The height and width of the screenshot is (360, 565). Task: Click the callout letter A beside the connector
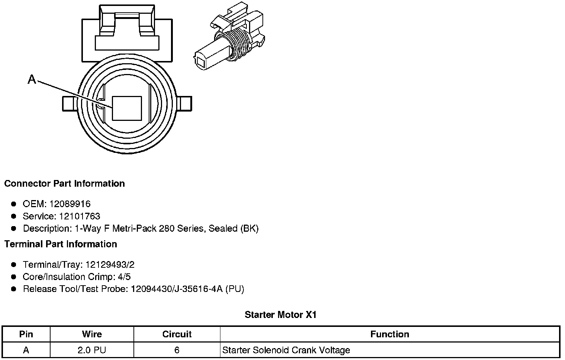click(x=32, y=79)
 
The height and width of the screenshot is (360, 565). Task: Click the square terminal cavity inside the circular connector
click(x=127, y=108)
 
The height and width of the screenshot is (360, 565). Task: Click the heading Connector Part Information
click(x=64, y=184)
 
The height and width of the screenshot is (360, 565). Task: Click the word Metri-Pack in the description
click(x=134, y=228)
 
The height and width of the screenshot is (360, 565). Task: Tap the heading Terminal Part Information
click(x=61, y=244)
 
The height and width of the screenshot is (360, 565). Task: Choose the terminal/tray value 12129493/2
click(x=110, y=264)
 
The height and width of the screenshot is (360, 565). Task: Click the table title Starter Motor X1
click(x=281, y=315)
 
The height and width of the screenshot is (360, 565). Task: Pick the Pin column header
click(x=26, y=334)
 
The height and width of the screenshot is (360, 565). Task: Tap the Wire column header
click(x=92, y=334)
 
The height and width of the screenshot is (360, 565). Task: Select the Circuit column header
click(x=177, y=334)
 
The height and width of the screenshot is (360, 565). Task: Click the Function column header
click(x=390, y=334)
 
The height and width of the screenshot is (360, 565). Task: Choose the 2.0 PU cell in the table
click(x=92, y=350)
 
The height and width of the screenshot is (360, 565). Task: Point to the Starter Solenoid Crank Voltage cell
click(x=286, y=350)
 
